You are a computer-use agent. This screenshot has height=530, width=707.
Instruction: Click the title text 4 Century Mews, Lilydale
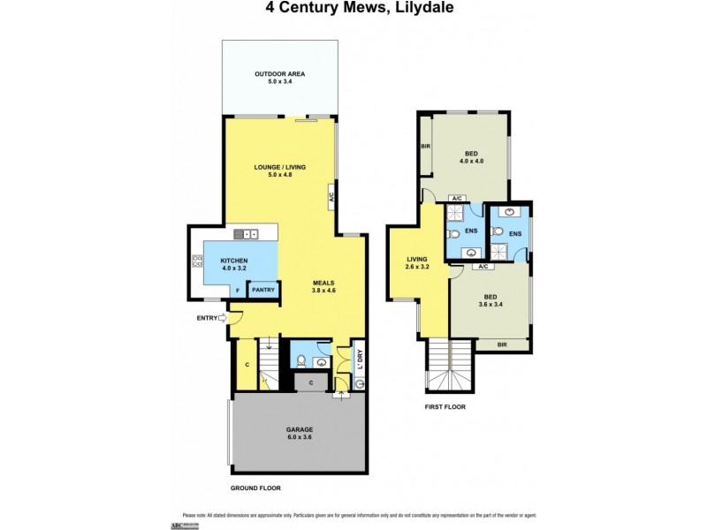[353, 11]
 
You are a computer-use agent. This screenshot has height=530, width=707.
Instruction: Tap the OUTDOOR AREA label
[280, 73]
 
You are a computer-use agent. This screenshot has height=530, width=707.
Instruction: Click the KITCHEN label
[233, 261]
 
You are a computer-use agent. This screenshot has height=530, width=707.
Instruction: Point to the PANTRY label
[263, 289]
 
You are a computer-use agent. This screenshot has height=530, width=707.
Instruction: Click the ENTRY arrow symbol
[222, 317]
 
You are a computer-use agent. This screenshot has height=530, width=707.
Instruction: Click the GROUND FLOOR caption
[255, 488]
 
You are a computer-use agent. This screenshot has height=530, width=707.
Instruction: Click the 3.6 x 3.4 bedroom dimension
[490, 305]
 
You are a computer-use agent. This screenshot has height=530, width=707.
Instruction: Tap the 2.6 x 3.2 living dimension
[417, 267]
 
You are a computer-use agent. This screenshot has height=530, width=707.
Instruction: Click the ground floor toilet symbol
[300, 360]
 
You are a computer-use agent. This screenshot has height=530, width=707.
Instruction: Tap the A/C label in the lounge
[331, 197]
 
